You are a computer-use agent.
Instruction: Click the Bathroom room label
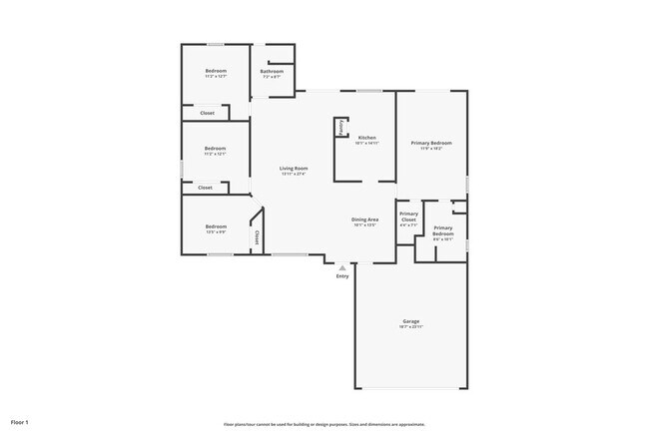pyautogui.click(x=272, y=71)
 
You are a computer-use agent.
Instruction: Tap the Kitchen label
pyautogui.click(x=366, y=137)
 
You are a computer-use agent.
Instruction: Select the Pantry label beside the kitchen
pyautogui.click(x=341, y=128)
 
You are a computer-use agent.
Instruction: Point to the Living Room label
pyautogui.click(x=293, y=169)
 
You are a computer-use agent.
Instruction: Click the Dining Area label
pyautogui.click(x=364, y=219)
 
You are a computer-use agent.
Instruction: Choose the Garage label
pyautogui.click(x=411, y=321)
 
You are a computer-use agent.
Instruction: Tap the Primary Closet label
pyautogui.click(x=408, y=216)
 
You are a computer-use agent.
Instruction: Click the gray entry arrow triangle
pyautogui.click(x=342, y=267)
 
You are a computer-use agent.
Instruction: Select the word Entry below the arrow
pyautogui.click(x=342, y=277)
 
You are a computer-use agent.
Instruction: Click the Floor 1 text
pyautogui.click(x=20, y=423)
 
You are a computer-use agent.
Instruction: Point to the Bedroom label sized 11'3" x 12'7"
pyautogui.click(x=216, y=71)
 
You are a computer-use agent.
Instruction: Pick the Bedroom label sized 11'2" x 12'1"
pyautogui.click(x=215, y=149)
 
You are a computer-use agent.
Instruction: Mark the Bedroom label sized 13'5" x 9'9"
pyautogui.click(x=216, y=226)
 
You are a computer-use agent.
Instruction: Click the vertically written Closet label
pyautogui.click(x=257, y=236)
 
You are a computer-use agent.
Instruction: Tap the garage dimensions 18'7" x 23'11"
pyautogui.click(x=411, y=327)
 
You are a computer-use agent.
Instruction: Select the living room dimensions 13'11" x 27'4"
pyautogui.click(x=293, y=175)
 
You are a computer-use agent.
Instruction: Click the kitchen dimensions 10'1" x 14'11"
pyautogui.click(x=366, y=143)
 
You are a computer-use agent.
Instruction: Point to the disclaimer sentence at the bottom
pyautogui.click(x=324, y=424)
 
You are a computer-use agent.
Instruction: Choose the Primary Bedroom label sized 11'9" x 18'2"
pyautogui.click(x=432, y=143)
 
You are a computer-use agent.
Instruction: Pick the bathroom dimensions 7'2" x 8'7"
pyautogui.click(x=272, y=77)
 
